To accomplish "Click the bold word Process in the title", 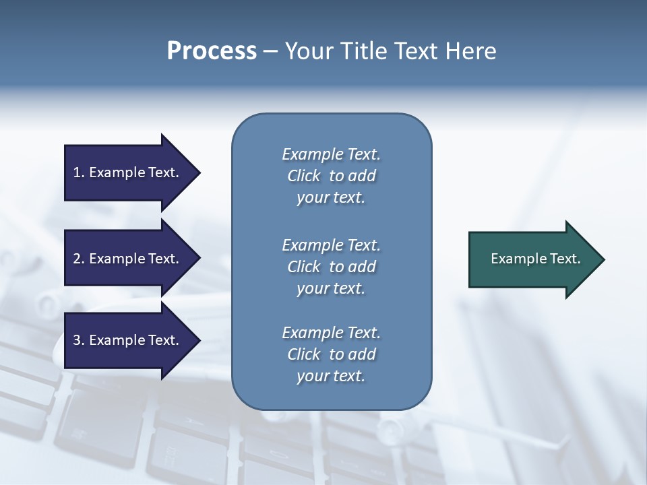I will [212, 51].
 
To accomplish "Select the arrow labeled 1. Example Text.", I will [128, 172].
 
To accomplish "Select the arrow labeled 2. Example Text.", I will [128, 259].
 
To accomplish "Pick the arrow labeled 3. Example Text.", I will [128, 340].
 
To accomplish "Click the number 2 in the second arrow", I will [77, 259].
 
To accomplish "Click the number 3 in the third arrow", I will [77, 340].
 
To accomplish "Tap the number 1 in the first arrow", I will [77, 172].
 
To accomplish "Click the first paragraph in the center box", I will [331, 176].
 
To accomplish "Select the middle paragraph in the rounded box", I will [331, 267].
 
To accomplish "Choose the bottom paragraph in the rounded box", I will [331, 354].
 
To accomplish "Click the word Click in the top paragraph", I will [303, 176].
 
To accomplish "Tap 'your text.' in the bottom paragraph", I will [331, 376].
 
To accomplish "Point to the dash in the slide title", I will [270, 52].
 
